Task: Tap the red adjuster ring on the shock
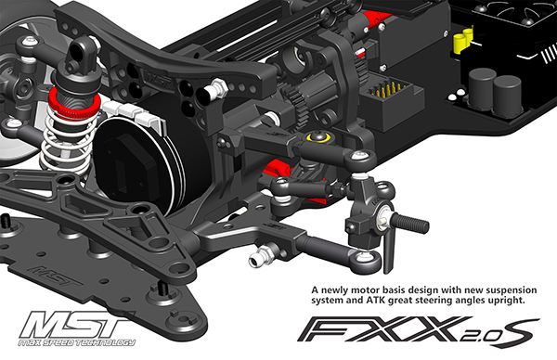[x=72, y=104]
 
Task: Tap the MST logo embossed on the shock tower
[x=157, y=77]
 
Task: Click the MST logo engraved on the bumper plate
[x=55, y=276]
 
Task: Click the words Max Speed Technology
[x=77, y=342]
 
